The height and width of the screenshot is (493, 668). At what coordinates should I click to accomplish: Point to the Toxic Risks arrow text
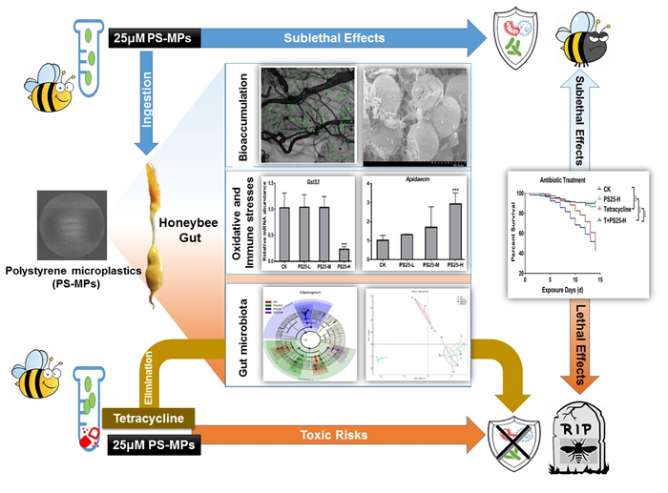coord(332,436)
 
